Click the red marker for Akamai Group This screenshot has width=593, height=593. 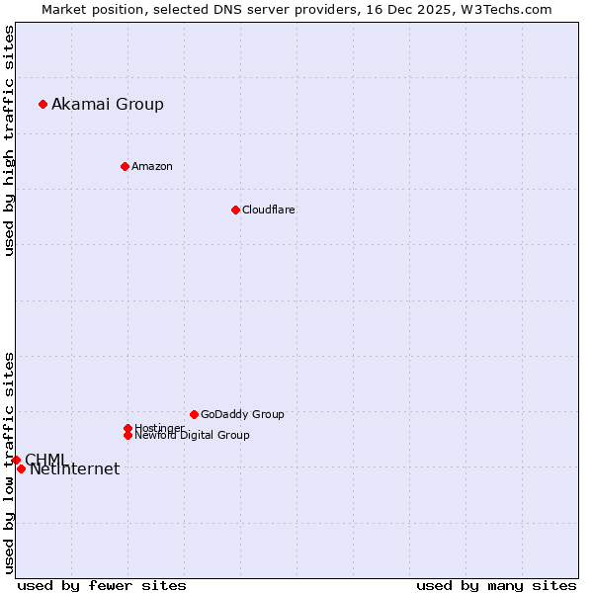point(42,104)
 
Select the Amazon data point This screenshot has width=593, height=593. point(125,166)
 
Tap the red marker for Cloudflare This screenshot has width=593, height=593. point(235,210)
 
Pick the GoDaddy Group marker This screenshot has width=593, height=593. point(194,414)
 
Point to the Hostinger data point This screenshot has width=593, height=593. point(127,428)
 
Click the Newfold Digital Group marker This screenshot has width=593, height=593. point(127,435)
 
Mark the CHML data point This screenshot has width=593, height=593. point(16,460)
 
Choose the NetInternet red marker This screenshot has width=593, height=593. point(21,468)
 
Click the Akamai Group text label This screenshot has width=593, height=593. point(108,104)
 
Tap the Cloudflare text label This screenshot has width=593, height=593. point(269,210)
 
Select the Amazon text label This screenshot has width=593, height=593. point(152,166)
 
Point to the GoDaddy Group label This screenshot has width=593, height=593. point(242,414)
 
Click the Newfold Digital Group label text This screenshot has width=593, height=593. point(192,435)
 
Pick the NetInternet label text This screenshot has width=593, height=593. point(75,469)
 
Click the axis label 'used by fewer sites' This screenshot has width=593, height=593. point(102,585)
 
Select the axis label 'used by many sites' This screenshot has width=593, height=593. point(496,585)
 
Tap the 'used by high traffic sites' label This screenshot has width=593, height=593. point(9,140)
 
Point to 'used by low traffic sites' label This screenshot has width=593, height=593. point(9,462)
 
